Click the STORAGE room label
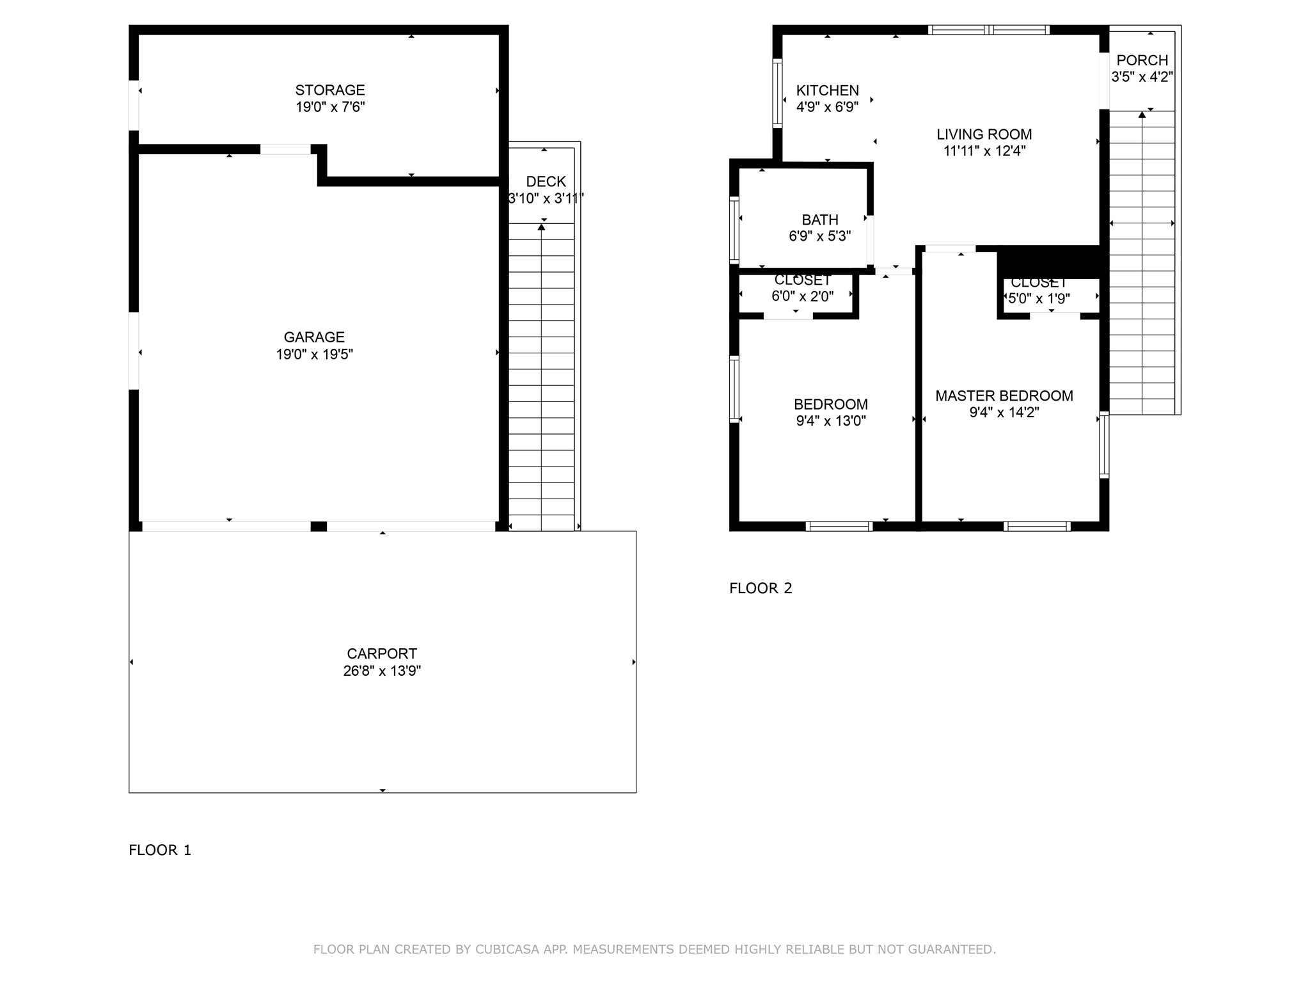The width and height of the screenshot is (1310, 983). (x=329, y=90)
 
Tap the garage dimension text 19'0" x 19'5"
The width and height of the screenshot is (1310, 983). (x=314, y=355)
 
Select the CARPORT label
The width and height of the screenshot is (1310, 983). (x=382, y=653)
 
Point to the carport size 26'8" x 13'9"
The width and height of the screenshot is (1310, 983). (x=382, y=671)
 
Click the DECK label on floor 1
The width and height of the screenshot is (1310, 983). (x=546, y=182)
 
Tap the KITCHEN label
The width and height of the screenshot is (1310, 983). (x=827, y=90)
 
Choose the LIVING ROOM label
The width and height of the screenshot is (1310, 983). (x=984, y=134)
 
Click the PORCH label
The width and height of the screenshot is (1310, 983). (x=1142, y=60)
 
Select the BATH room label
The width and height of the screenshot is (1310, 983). (x=819, y=220)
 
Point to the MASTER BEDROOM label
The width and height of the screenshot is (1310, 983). (x=1004, y=396)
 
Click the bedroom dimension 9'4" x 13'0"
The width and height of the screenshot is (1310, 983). (x=830, y=421)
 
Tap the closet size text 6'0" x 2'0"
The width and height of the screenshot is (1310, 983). (x=802, y=297)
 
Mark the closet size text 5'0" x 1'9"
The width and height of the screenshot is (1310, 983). (x=1039, y=299)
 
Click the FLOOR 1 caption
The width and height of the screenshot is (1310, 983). (x=160, y=850)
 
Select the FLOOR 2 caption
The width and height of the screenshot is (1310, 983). (x=761, y=588)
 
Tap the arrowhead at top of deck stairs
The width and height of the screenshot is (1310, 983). (x=542, y=227)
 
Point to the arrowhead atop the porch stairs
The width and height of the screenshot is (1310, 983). (x=1142, y=115)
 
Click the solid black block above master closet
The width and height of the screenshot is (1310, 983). (x=1049, y=262)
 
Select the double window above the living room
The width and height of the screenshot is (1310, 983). (x=988, y=29)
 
